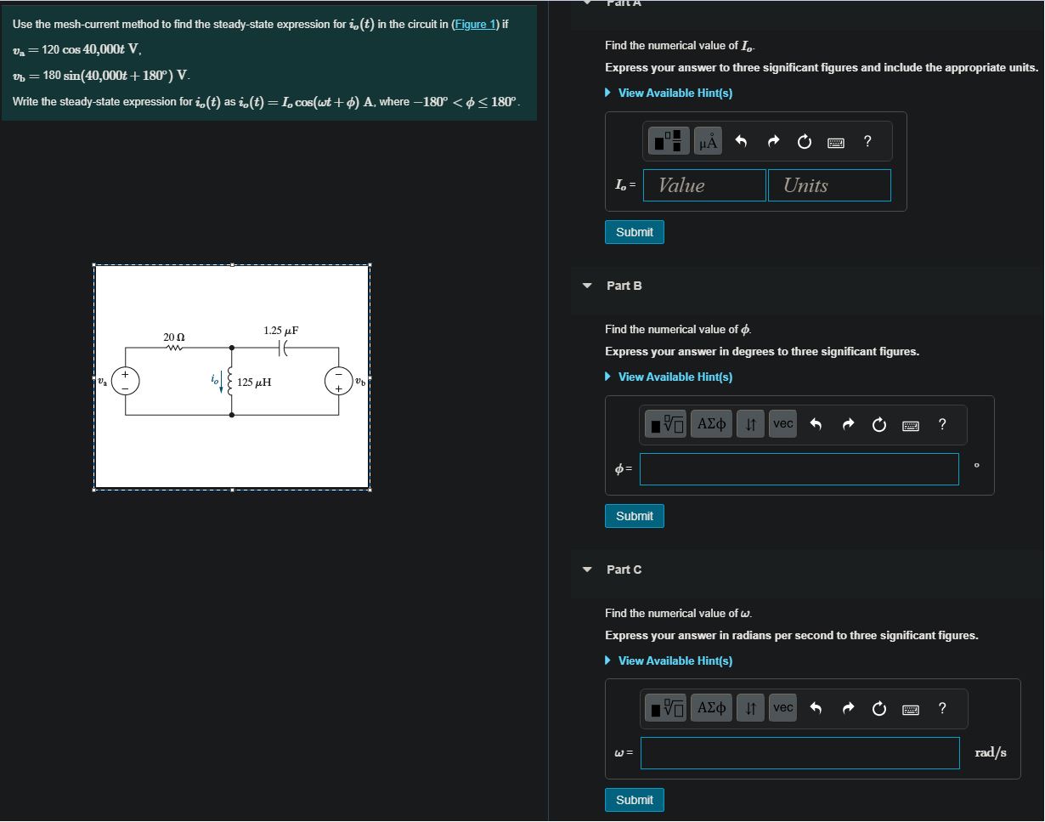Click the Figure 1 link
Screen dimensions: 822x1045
472,24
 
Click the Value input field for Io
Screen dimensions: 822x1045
704,185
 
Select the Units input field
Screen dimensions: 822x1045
829,185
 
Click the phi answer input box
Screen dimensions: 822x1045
799,469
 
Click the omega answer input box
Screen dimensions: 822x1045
799,753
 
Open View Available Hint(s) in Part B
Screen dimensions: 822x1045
675,377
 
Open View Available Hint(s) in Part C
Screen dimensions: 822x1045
675,660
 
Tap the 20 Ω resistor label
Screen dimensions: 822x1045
174,337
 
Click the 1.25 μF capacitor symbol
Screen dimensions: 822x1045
285,347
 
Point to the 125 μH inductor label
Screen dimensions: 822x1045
254,383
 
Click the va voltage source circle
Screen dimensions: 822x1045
126,381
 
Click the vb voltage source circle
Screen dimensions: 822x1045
338,382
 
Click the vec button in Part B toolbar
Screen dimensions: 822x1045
782,423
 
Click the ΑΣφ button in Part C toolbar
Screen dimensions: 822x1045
711,707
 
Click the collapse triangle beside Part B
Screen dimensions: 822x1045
586,286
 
